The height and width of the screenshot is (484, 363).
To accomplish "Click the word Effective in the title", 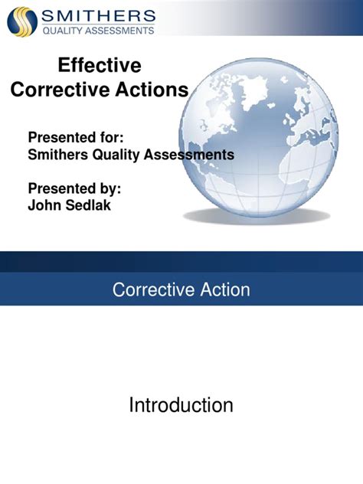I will point(100,66).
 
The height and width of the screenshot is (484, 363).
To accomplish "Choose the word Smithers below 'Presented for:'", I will point(58,154).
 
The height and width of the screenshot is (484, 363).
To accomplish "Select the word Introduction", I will point(181,405).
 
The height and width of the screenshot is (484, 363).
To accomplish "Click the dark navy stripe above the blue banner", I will point(181,261).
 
